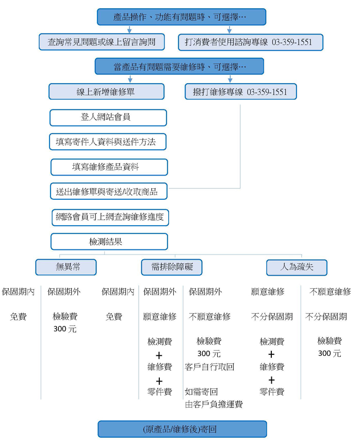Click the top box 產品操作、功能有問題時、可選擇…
[182, 17]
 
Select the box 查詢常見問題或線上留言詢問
[102, 42]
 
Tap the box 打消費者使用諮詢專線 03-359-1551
[251, 42]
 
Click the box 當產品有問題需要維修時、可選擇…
[179, 67]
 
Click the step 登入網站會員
[108, 117]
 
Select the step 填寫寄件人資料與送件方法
[108, 142]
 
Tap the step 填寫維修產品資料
[109, 167]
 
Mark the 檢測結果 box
[109, 242]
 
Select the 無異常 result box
[66, 267]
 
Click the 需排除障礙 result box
[172, 267]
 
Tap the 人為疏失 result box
[297, 267]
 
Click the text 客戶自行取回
[209, 367]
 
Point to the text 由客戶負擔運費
[213, 404]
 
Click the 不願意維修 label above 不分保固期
[330, 292]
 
